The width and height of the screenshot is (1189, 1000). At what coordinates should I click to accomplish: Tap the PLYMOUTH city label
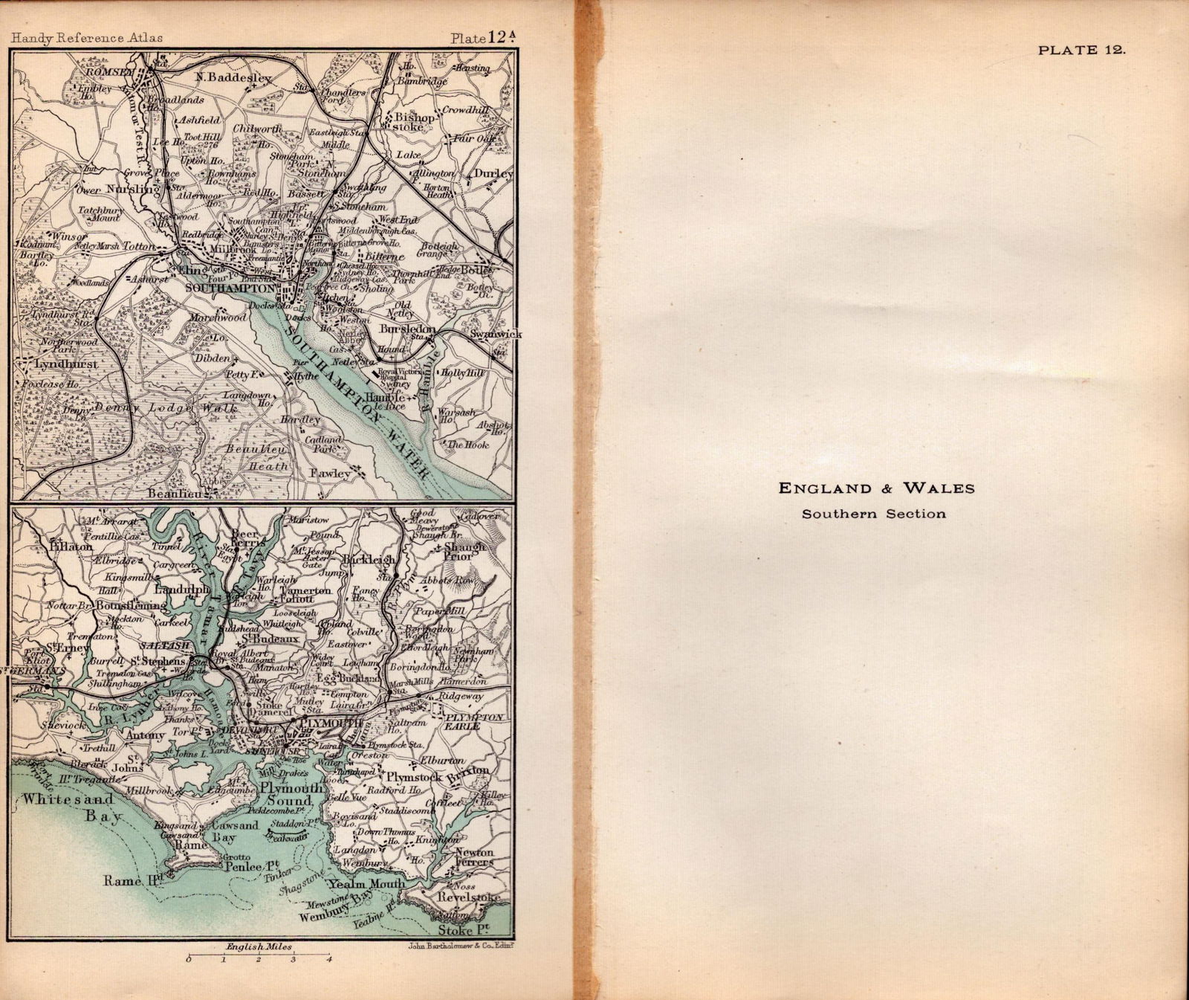(329, 723)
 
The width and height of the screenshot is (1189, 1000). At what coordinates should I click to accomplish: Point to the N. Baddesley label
(234, 77)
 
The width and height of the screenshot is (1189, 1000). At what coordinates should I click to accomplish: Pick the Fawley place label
(330, 473)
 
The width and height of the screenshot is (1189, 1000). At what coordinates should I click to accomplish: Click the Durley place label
(493, 174)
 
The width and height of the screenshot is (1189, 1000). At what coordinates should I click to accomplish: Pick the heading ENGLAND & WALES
(876, 488)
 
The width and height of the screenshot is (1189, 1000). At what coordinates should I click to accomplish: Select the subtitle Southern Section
(873, 514)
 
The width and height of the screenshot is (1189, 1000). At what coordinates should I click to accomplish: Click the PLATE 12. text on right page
(1082, 51)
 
